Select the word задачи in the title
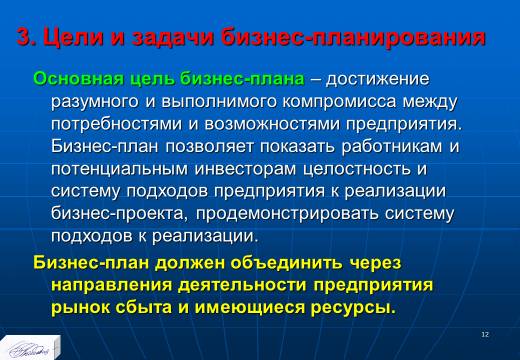click(x=173, y=37)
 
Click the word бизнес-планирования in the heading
click(x=353, y=38)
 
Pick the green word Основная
click(x=79, y=79)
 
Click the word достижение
click(x=378, y=80)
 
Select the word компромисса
click(x=339, y=102)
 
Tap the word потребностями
click(x=117, y=125)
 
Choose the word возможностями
click(x=272, y=124)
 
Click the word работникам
click(x=392, y=147)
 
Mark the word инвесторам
click(x=245, y=169)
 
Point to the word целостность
click(x=357, y=169)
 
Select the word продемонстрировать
click(x=287, y=214)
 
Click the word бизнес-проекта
click(x=117, y=214)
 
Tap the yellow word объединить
click(x=286, y=263)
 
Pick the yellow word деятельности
click(x=242, y=285)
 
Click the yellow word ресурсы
click(x=353, y=308)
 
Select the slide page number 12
click(x=485, y=334)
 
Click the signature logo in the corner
click(x=29, y=348)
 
